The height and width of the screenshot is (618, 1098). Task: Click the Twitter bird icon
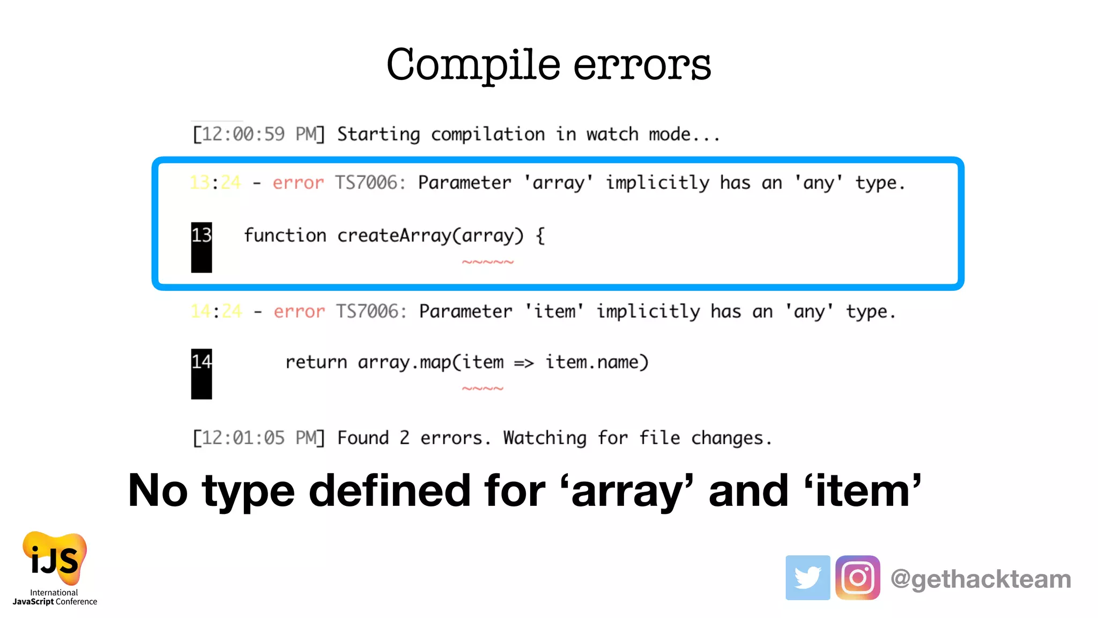[x=807, y=577]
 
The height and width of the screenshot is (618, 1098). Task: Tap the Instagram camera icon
[x=857, y=577]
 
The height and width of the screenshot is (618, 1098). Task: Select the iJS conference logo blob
[x=55, y=558]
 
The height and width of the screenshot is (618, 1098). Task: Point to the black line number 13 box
[x=202, y=247]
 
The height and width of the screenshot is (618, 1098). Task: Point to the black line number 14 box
[x=202, y=373]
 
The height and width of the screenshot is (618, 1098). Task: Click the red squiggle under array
[x=488, y=262]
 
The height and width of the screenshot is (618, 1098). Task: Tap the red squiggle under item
[x=483, y=388]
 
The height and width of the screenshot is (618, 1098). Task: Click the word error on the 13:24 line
[x=298, y=183]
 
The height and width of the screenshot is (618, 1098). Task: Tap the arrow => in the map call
[x=524, y=363]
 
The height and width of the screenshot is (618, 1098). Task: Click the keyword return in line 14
[x=316, y=363]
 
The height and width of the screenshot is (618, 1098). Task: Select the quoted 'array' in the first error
[x=558, y=183]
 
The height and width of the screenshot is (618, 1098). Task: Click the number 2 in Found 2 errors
[x=404, y=438]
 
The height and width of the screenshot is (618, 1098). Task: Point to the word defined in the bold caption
[x=390, y=490]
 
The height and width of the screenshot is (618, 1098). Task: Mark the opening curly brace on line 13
[x=540, y=236]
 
